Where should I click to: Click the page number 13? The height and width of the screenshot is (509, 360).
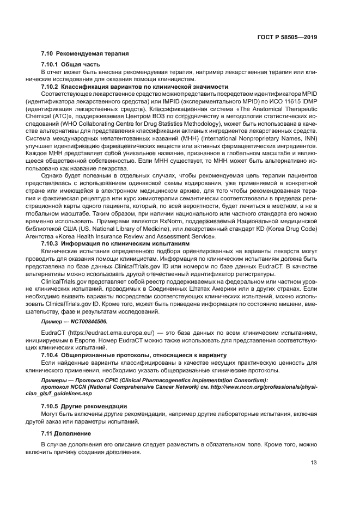(x=314, y=463)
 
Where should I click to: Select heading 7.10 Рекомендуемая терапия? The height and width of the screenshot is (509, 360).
(x=84, y=54)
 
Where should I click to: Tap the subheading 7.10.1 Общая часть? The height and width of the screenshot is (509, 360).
(x=70, y=65)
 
